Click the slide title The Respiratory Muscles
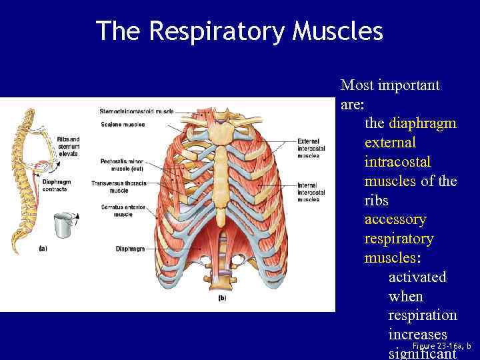[x=239, y=31]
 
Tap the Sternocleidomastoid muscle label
[x=136, y=111]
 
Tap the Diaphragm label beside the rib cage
[x=126, y=249]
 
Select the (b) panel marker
[x=222, y=298]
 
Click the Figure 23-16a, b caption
[x=441, y=346]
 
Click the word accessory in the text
[x=395, y=219]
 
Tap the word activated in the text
[x=417, y=277]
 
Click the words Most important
[x=390, y=85]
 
